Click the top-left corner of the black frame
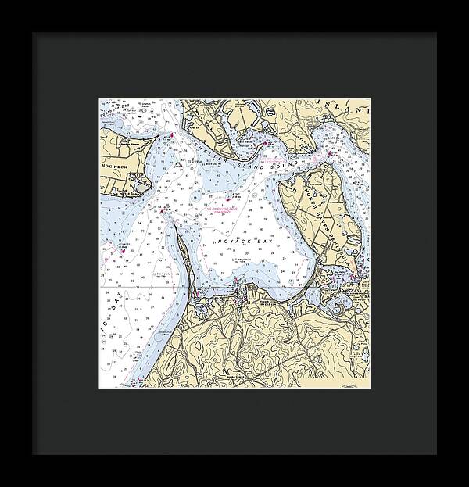pyautogui.click(x=32, y=34)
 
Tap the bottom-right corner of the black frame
pyautogui.click(x=437, y=454)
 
